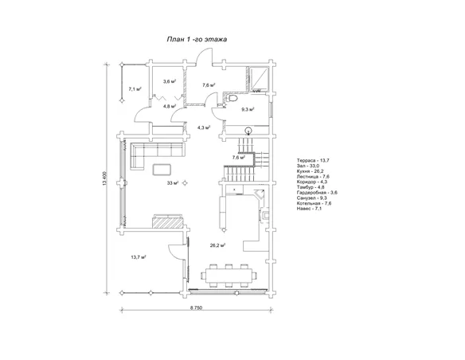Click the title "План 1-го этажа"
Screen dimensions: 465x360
tap(197, 39)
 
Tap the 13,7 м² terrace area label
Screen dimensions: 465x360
tap(139, 257)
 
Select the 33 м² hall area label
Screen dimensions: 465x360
tap(173, 183)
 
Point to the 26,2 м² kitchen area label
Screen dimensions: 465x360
tap(217, 245)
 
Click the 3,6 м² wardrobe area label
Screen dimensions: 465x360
tap(170, 81)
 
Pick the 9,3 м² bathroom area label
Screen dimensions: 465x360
tap(248, 109)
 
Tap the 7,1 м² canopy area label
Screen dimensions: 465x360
tap(135, 88)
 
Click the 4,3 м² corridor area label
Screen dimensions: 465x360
tap(204, 127)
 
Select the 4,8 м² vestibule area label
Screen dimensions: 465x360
tap(170, 106)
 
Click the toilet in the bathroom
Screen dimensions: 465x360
tap(232, 98)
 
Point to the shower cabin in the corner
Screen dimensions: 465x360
tap(260, 78)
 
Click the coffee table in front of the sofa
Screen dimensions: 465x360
tap(162, 170)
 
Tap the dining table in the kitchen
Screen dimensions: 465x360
tap(229, 276)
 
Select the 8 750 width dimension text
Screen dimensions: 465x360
tap(196, 307)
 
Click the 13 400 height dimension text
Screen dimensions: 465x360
tap(104, 178)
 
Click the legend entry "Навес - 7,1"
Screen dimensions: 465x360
tap(309, 209)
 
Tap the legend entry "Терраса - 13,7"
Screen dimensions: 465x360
tap(313, 160)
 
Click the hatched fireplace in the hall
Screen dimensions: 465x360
tap(167, 222)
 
